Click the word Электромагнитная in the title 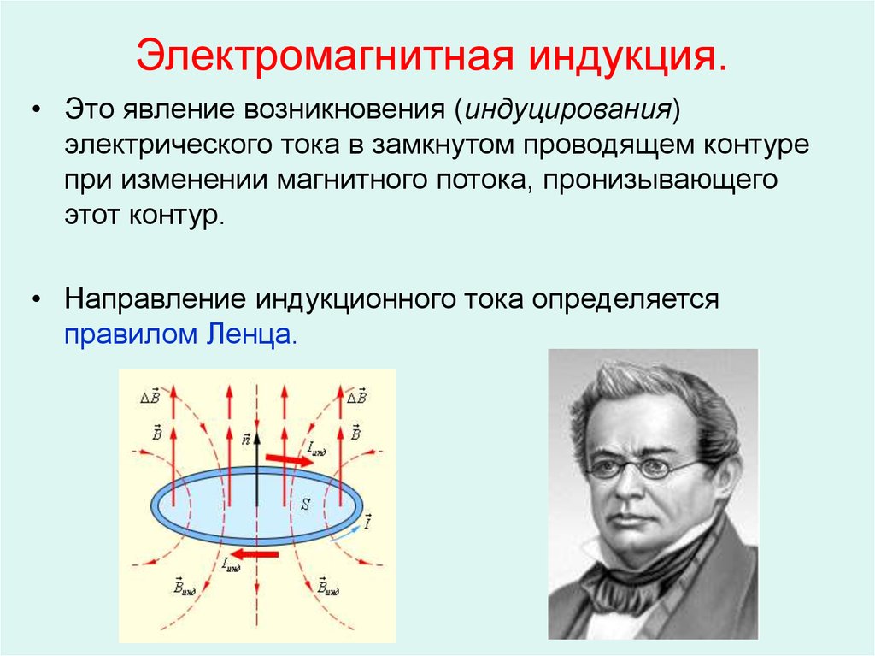[324, 55]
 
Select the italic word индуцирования [567, 110]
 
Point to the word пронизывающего [661, 180]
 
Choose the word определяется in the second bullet [625, 300]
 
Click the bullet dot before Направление [37, 300]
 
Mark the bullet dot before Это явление [37, 110]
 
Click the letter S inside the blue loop [305, 504]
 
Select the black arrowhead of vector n [256, 438]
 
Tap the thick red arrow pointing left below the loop [254, 553]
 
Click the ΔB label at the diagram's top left [150, 396]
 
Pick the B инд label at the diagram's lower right [328, 586]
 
